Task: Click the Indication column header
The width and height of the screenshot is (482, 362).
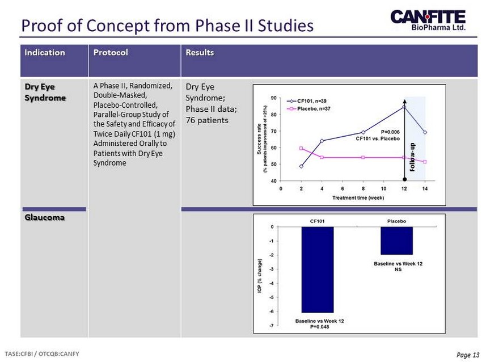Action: [x=44, y=52]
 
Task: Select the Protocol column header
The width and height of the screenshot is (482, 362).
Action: [x=111, y=52]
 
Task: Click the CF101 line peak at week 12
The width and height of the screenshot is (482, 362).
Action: [x=404, y=106]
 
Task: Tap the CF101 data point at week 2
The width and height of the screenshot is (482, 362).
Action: [x=301, y=166]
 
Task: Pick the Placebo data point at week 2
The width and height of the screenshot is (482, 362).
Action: [x=301, y=149]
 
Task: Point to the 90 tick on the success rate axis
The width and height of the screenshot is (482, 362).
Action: [x=274, y=98]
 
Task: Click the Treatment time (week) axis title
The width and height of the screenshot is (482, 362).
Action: [x=358, y=197]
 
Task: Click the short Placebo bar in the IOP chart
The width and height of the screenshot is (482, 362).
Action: [x=397, y=240]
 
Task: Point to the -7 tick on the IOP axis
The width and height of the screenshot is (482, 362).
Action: [x=272, y=326]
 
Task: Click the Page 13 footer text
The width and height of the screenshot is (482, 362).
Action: [x=467, y=355]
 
